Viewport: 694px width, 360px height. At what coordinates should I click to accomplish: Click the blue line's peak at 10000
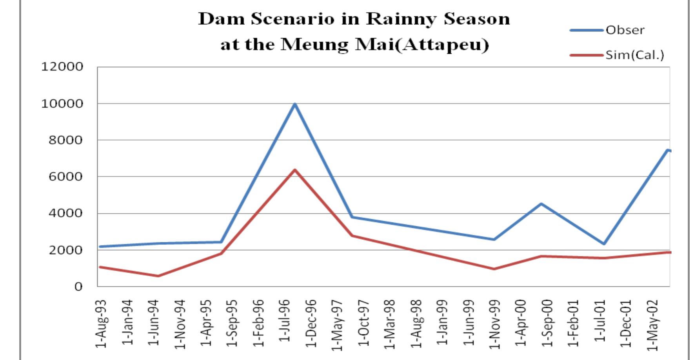[x=294, y=104]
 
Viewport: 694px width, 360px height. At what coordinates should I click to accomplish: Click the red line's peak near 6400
[x=294, y=170]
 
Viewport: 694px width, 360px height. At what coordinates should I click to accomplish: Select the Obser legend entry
[x=625, y=30]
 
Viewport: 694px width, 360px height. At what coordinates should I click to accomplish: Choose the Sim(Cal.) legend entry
[x=634, y=55]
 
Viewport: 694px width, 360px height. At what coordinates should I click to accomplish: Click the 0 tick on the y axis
[x=78, y=287]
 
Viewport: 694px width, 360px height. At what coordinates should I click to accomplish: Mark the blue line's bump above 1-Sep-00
[x=541, y=204]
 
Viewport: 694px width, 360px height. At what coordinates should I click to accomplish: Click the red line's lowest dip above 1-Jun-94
[x=158, y=276]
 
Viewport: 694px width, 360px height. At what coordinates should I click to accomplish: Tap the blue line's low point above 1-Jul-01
[x=604, y=244]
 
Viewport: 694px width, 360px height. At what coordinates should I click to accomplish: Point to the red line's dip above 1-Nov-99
[x=494, y=269]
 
